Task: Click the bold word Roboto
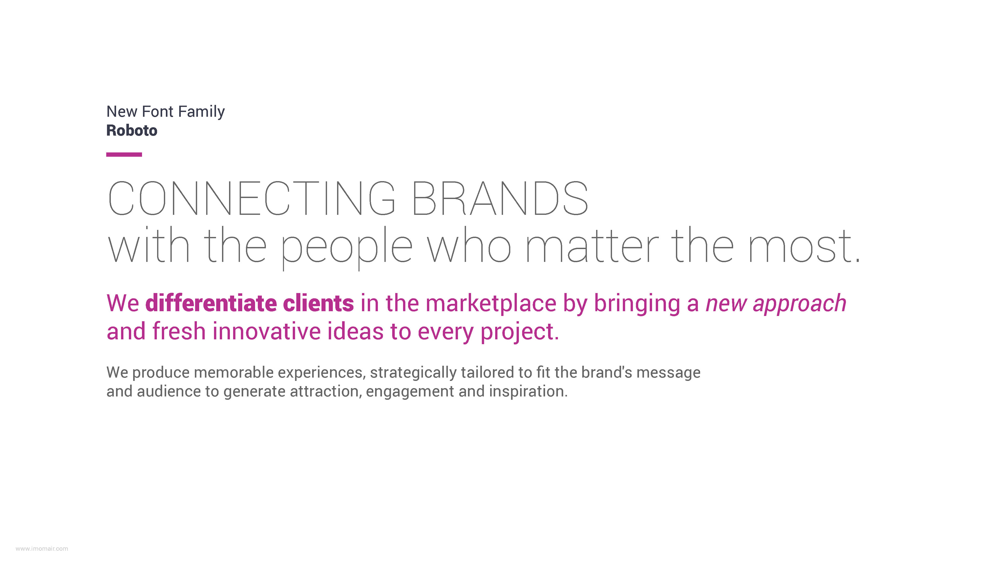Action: pos(132,130)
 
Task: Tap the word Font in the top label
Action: pos(158,112)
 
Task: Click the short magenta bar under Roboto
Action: pos(124,155)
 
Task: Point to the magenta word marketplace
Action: pos(491,304)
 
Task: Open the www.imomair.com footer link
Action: pos(42,549)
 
